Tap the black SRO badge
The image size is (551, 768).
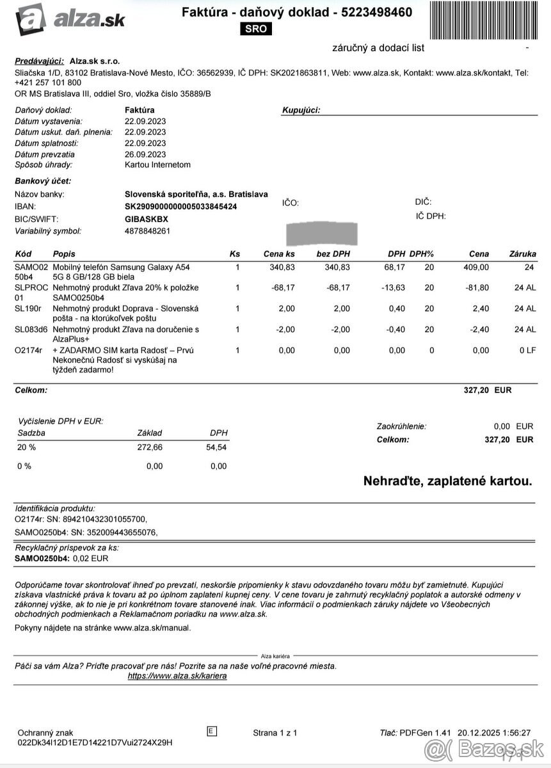(257, 29)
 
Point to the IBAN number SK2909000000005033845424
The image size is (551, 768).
(180, 207)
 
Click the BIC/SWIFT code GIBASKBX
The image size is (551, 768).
(147, 219)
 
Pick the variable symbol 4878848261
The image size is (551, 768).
(147, 231)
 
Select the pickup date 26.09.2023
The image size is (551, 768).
(145, 154)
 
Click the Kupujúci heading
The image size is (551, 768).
(301, 110)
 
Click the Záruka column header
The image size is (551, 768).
(522, 254)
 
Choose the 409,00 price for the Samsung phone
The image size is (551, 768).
(476, 267)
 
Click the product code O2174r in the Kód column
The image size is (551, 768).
(28, 350)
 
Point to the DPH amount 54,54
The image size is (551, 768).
(218, 447)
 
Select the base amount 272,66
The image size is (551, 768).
(150, 447)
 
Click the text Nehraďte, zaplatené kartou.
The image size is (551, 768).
(447, 481)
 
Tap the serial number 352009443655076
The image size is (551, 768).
(113, 532)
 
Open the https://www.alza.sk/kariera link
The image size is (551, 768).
(177, 676)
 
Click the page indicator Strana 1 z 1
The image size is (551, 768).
(275, 733)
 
